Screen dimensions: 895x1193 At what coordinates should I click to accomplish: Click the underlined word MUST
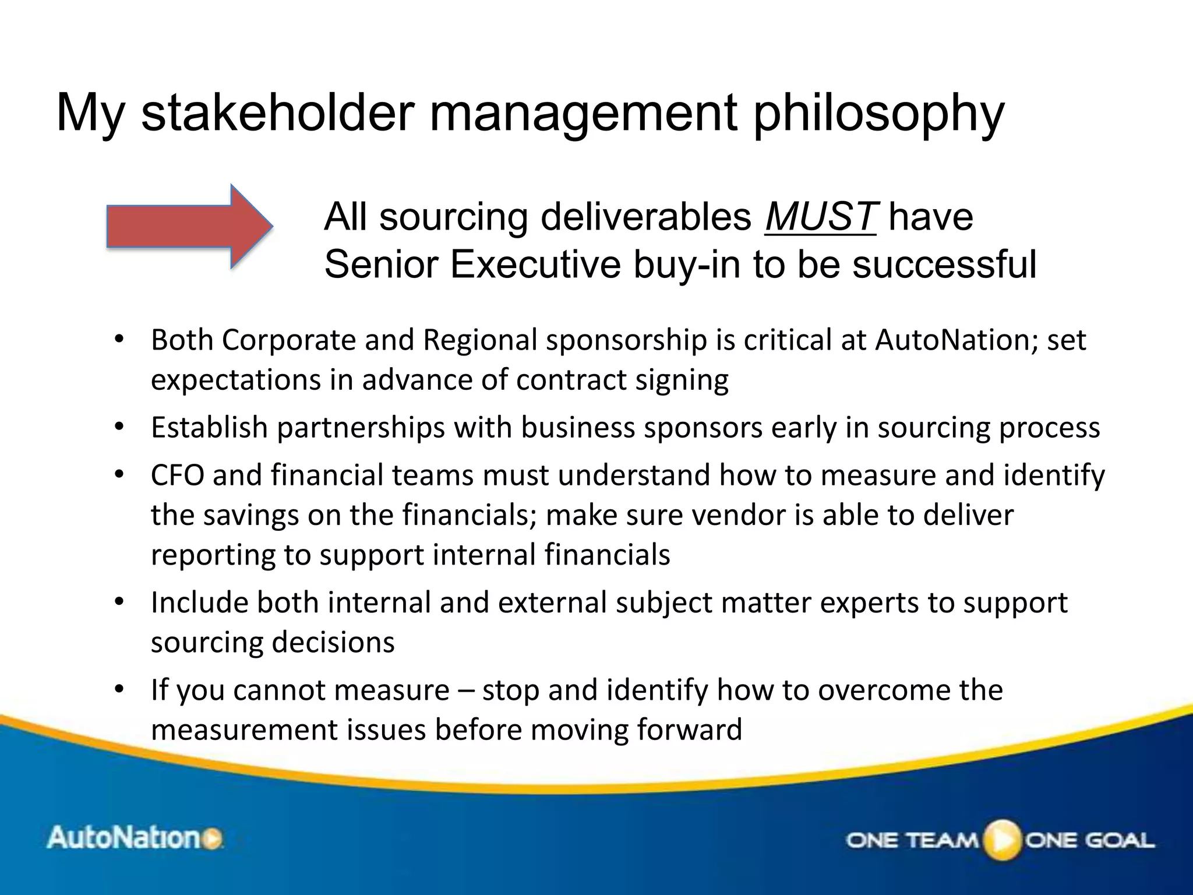tap(820, 217)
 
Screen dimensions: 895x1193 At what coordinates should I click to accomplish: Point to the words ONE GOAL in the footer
tap(1090, 840)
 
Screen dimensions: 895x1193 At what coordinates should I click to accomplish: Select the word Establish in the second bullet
tap(209, 427)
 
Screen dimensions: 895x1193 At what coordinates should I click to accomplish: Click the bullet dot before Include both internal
tap(119, 602)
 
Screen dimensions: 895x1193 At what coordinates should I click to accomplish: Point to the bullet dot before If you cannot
tap(119, 690)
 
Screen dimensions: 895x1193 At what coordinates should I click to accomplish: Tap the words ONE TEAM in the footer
tap(912, 840)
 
